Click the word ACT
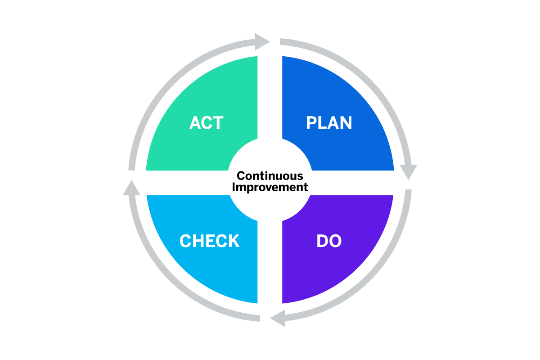click(207, 123)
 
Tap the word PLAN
click(329, 123)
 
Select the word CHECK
click(210, 241)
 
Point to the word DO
click(329, 241)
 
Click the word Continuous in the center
click(270, 176)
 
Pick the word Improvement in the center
click(270, 187)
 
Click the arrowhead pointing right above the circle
click(262, 42)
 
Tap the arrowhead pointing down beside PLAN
click(409, 172)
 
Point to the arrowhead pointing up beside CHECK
click(131, 188)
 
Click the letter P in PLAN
click(311, 123)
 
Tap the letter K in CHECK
click(234, 241)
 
